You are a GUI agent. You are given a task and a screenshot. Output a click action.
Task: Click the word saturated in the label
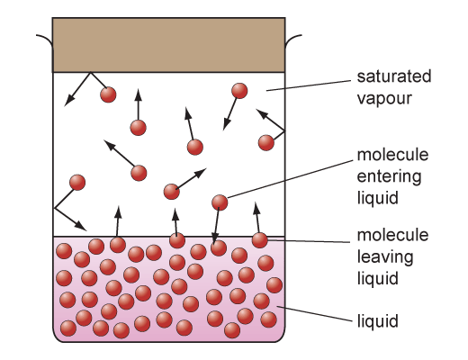click(394, 76)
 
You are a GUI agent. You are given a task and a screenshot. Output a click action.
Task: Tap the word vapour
click(384, 98)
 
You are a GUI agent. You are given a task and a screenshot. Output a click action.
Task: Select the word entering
click(389, 176)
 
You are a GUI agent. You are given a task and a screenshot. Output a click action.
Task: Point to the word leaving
click(385, 257)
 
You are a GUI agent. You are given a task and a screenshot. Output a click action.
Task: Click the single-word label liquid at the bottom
click(378, 320)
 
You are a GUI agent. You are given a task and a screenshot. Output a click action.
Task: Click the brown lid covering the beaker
click(168, 45)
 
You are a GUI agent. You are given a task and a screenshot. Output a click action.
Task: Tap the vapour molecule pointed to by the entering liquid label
click(220, 202)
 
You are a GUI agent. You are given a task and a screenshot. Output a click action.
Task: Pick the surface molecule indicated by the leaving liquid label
click(259, 240)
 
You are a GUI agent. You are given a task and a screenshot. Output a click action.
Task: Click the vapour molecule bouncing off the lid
click(108, 94)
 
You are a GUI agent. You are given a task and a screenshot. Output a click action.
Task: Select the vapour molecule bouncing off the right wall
click(266, 142)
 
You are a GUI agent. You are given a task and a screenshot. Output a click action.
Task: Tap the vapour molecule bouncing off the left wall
click(77, 183)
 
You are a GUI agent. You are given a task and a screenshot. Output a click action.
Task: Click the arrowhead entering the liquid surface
click(214, 238)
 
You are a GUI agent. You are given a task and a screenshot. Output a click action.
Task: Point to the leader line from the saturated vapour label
click(309, 85)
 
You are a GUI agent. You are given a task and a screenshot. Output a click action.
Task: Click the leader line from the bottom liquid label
click(314, 314)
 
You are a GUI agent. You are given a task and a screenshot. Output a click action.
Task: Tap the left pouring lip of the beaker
click(45, 40)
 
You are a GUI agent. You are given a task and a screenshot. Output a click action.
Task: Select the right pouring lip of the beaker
click(293, 40)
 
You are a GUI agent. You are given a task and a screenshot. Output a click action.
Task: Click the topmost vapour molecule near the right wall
click(239, 91)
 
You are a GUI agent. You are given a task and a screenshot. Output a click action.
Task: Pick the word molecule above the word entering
click(392, 155)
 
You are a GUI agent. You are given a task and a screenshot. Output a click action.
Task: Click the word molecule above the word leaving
click(392, 235)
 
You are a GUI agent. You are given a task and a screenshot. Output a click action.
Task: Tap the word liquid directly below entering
click(378, 198)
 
